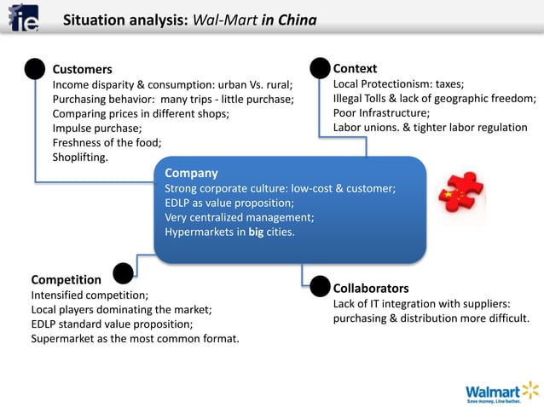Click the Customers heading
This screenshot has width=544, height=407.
pyautogui.click(x=82, y=69)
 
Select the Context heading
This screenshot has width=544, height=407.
pyautogui.click(x=355, y=68)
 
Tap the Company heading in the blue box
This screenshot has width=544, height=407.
pyautogui.click(x=191, y=173)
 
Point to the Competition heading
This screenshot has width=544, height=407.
pyautogui.click(x=67, y=279)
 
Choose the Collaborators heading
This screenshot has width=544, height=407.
pyautogui.click(x=371, y=288)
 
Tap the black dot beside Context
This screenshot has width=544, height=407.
pyautogui.click(x=320, y=68)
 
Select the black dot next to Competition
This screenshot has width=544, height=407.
pyautogui.click(x=123, y=272)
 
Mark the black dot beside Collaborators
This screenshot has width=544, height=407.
pyautogui.click(x=320, y=285)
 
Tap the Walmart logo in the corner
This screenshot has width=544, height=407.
pyautogui.click(x=502, y=391)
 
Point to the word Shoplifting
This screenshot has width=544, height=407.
pyautogui.click(x=80, y=158)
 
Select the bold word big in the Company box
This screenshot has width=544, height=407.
pyautogui.click(x=257, y=232)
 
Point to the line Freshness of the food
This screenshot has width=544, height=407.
pyautogui.click(x=107, y=142)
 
